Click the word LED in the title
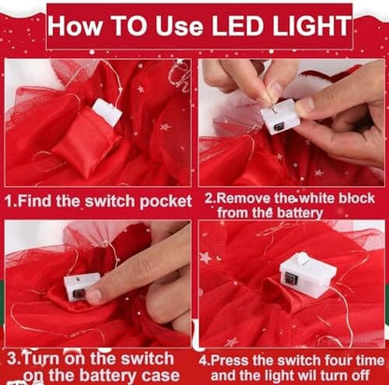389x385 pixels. pyautogui.click(x=238, y=25)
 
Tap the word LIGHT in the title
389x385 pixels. pyautogui.click(x=311, y=25)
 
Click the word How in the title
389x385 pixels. pyautogui.click(x=75, y=25)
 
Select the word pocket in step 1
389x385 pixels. pyautogui.click(x=166, y=202)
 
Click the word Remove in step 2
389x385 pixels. pyautogui.click(x=243, y=199)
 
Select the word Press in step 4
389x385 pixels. pyautogui.click(x=230, y=361)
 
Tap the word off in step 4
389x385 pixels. pyautogui.click(x=361, y=376)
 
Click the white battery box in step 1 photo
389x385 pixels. pyautogui.click(x=107, y=112)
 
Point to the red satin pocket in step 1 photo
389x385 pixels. pyautogui.click(x=86, y=144)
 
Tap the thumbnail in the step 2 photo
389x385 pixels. pyautogui.click(x=306, y=105)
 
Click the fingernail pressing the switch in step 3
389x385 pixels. pyautogui.click(x=94, y=296)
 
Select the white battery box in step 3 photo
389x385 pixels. pyautogui.click(x=81, y=287)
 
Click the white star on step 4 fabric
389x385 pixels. pyautogui.click(x=206, y=258)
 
